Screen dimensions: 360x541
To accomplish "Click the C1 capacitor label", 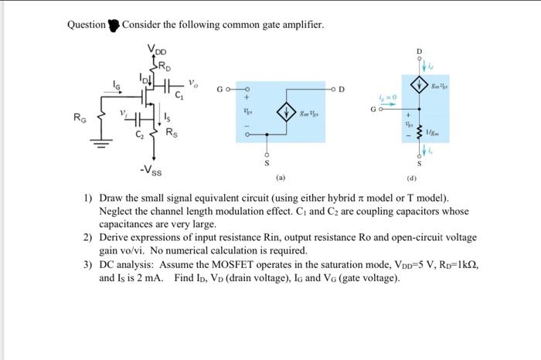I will (179, 97).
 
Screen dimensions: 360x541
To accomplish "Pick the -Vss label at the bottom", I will (151, 168).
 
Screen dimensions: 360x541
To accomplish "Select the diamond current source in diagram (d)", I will (420, 86).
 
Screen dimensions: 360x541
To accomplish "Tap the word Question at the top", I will (86, 25).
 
